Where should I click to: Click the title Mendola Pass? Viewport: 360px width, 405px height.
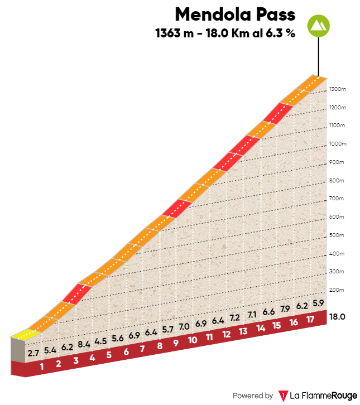pyautogui.click(x=235, y=13)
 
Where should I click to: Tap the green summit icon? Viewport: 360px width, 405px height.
pyautogui.click(x=318, y=26)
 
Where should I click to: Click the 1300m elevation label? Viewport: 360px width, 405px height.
pyautogui.click(x=338, y=89)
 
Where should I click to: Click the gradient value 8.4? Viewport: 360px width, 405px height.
pyautogui.click(x=84, y=344)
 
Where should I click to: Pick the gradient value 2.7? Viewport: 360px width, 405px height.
pyautogui.click(x=33, y=353)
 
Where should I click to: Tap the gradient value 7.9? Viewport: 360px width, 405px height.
pyautogui.click(x=285, y=308)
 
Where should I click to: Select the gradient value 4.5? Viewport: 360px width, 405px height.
pyautogui.click(x=100, y=341)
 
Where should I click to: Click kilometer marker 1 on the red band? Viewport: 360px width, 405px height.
pyautogui.click(x=41, y=367)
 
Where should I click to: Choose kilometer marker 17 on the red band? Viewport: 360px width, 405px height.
pyautogui.click(x=310, y=320)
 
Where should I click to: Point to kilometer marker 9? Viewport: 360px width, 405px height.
pyautogui.click(x=176, y=343)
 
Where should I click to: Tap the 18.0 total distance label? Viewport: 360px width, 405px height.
pyautogui.click(x=338, y=316)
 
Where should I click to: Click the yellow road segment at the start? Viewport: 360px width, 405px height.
pyautogui.click(x=24, y=335)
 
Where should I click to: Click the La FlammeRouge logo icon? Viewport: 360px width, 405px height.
pyautogui.click(x=284, y=396)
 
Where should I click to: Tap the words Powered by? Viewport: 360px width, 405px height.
pyautogui.click(x=253, y=396)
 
